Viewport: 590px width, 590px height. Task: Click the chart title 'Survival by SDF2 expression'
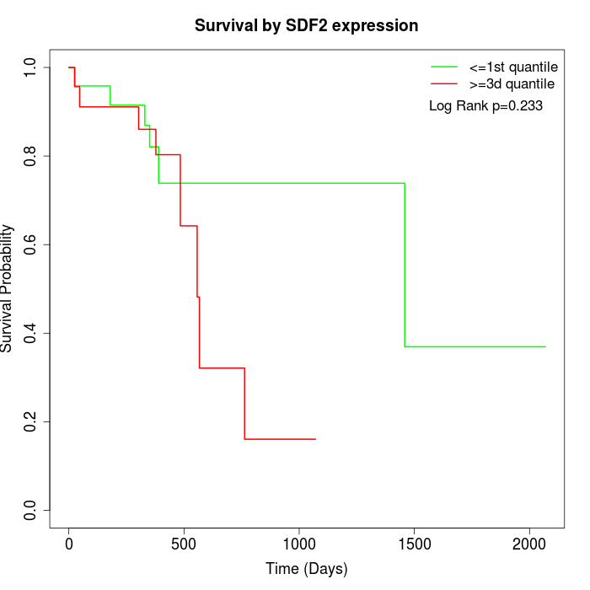point(306,26)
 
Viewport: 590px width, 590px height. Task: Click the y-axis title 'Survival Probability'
point(8,288)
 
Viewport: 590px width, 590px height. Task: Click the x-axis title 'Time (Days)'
point(306,569)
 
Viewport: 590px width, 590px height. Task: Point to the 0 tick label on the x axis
point(69,544)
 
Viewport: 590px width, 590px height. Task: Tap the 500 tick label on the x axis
point(184,544)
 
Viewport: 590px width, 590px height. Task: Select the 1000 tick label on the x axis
point(299,544)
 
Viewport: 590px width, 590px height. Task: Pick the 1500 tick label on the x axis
point(414,544)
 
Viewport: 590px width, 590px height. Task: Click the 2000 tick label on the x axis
point(529,544)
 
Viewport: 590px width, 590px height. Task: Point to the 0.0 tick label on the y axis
point(31,510)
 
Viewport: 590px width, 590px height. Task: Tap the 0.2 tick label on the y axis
point(31,421)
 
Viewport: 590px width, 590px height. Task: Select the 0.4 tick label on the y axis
point(31,333)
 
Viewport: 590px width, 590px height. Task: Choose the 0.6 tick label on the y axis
point(31,244)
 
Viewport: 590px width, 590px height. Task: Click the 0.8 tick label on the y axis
point(31,156)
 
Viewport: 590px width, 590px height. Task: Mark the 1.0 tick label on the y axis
point(31,67)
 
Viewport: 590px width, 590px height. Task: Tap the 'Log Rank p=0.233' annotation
point(485,106)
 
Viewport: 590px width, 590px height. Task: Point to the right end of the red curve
point(315,439)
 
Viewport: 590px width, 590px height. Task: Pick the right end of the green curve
point(545,346)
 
